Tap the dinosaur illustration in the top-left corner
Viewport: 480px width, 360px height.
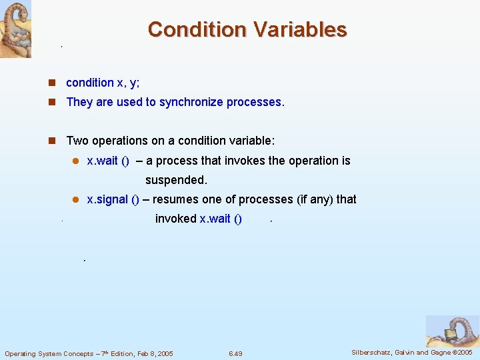coord(15,29)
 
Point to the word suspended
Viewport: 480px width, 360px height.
coord(176,180)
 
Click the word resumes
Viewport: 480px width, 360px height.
coord(175,199)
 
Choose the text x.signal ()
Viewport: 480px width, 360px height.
coord(113,199)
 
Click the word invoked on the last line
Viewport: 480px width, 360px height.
coord(175,219)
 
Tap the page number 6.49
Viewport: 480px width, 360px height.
coord(235,353)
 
